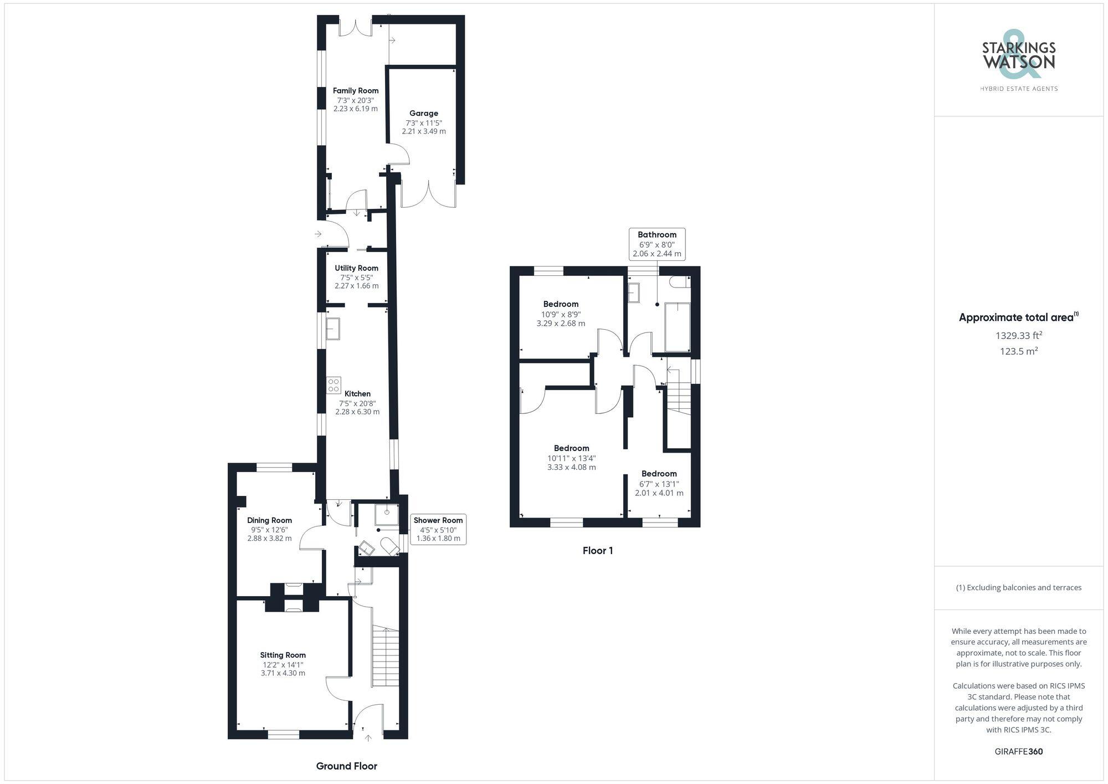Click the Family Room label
[x=356, y=91]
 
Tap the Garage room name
[x=424, y=114]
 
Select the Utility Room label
[x=356, y=268]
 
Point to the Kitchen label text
[x=357, y=394]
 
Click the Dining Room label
[x=269, y=520]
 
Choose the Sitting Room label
[x=283, y=655]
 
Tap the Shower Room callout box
[x=438, y=529]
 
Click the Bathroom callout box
[x=657, y=244]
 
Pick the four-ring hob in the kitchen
[x=333, y=385]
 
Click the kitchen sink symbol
[x=333, y=328]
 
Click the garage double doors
[x=429, y=194]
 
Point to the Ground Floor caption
[x=346, y=766]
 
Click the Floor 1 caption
[x=598, y=550]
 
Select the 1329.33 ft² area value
[x=1018, y=335]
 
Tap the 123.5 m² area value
[x=1018, y=351]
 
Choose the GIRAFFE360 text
[x=1018, y=752]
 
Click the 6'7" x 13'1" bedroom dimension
[x=659, y=484]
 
